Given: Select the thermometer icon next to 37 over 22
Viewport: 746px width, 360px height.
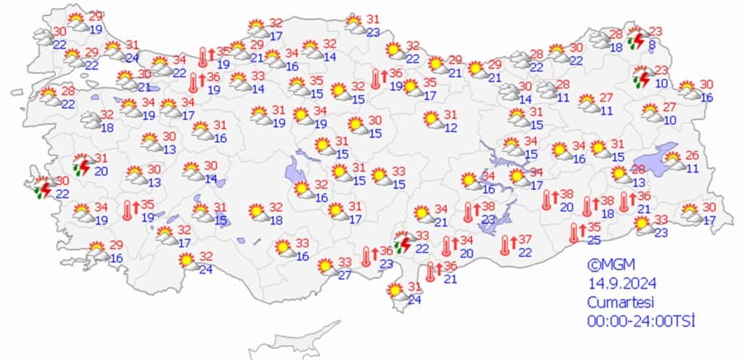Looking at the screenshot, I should pos(505,246).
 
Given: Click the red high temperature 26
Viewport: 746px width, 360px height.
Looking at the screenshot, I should pos(692,155).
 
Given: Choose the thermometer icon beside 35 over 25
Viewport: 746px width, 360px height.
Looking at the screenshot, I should pos(574,233).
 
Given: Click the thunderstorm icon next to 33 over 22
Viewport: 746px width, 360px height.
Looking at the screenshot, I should pos(402,243).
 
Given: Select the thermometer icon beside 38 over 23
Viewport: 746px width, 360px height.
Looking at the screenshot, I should pos(468,212).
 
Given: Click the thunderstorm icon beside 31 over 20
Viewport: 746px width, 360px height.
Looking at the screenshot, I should pos(82,165).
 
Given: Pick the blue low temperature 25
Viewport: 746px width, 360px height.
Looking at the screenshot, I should pos(595,240).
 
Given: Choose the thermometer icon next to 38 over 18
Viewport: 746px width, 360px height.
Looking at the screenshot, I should pos(587,206).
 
